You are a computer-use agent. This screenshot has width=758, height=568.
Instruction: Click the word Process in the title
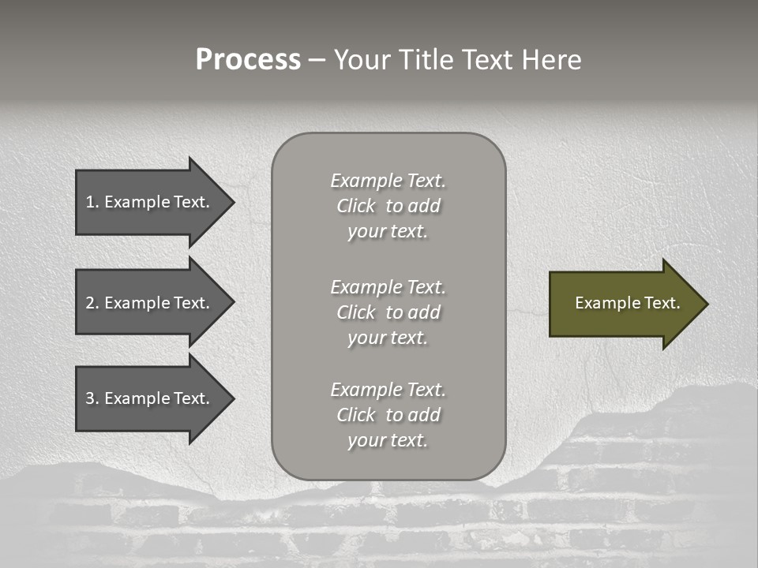[248, 60]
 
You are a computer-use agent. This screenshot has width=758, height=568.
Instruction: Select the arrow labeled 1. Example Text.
[150, 202]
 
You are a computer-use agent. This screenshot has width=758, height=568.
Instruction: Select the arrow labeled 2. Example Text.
[150, 303]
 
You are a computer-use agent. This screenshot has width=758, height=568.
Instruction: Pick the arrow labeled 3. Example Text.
[150, 398]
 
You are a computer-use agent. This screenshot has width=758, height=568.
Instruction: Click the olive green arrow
[624, 304]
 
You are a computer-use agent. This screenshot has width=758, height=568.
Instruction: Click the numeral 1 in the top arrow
[90, 202]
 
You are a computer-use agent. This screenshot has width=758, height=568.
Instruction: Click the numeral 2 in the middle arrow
[90, 303]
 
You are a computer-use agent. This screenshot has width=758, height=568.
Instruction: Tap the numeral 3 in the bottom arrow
[90, 398]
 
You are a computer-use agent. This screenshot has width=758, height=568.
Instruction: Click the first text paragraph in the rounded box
[388, 206]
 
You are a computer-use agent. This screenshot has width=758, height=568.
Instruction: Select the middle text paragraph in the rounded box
[388, 312]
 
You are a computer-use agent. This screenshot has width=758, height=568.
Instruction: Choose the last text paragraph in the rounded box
[388, 415]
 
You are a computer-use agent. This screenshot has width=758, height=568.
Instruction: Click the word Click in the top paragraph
[356, 206]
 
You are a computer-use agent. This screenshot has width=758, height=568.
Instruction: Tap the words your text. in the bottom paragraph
[388, 440]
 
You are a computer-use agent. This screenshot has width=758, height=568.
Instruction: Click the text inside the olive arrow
[627, 303]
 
